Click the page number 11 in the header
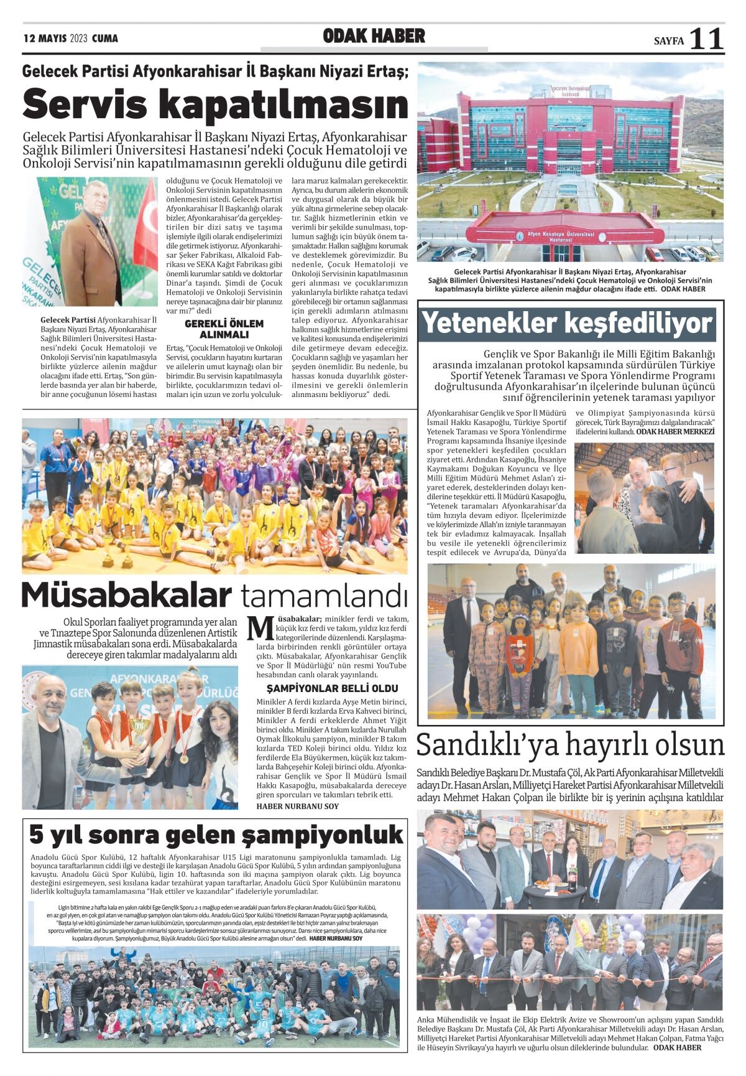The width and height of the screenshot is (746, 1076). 707,39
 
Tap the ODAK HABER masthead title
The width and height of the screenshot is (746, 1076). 374,37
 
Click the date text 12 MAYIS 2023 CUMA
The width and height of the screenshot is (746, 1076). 70,39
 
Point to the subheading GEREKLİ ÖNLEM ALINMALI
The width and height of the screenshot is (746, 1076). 224,329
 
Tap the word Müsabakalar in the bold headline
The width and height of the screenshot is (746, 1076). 126,595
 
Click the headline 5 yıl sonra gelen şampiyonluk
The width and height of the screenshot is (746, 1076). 216,835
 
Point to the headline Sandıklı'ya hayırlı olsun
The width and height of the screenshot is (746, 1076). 570,745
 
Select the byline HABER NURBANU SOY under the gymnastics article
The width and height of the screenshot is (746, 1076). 297,806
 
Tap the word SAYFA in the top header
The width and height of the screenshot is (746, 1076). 668,41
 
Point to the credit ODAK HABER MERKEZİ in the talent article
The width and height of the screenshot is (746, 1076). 675,431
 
